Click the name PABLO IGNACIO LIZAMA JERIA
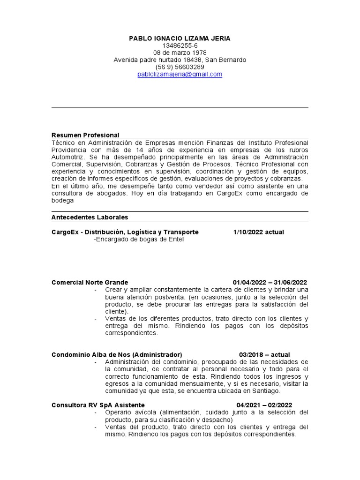click(x=180, y=38)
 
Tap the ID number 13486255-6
click(x=180, y=45)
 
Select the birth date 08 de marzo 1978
click(x=180, y=52)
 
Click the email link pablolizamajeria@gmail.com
click(x=180, y=74)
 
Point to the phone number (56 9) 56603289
click(x=180, y=67)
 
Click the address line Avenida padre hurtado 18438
click(x=180, y=60)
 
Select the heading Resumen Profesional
click(x=85, y=135)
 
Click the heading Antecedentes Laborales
click(x=89, y=217)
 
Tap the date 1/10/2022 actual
click(x=258, y=232)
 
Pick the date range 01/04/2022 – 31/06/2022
click(x=270, y=282)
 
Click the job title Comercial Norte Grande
click(x=89, y=282)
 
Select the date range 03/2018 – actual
click(x=264, y=354)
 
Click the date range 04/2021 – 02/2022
click(x=264, y=405)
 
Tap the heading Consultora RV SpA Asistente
click(x=98, y=405)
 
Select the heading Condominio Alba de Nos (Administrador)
click(x=116, y=354)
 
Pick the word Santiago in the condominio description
click(x=265, y=390)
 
